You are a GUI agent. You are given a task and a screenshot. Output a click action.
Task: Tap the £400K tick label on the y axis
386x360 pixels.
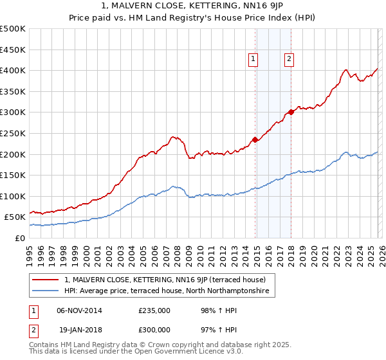[13, 70]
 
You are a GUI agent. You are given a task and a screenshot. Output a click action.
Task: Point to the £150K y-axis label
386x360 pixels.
[13, 175]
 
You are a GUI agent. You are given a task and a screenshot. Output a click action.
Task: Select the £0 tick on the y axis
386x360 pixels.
[20, 238]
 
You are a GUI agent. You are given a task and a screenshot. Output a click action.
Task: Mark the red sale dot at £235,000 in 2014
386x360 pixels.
[255, 139]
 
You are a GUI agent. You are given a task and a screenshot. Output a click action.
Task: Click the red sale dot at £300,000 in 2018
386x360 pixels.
[291, 112]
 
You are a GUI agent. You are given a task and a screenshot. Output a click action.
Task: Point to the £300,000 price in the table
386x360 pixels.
[154, 330]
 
